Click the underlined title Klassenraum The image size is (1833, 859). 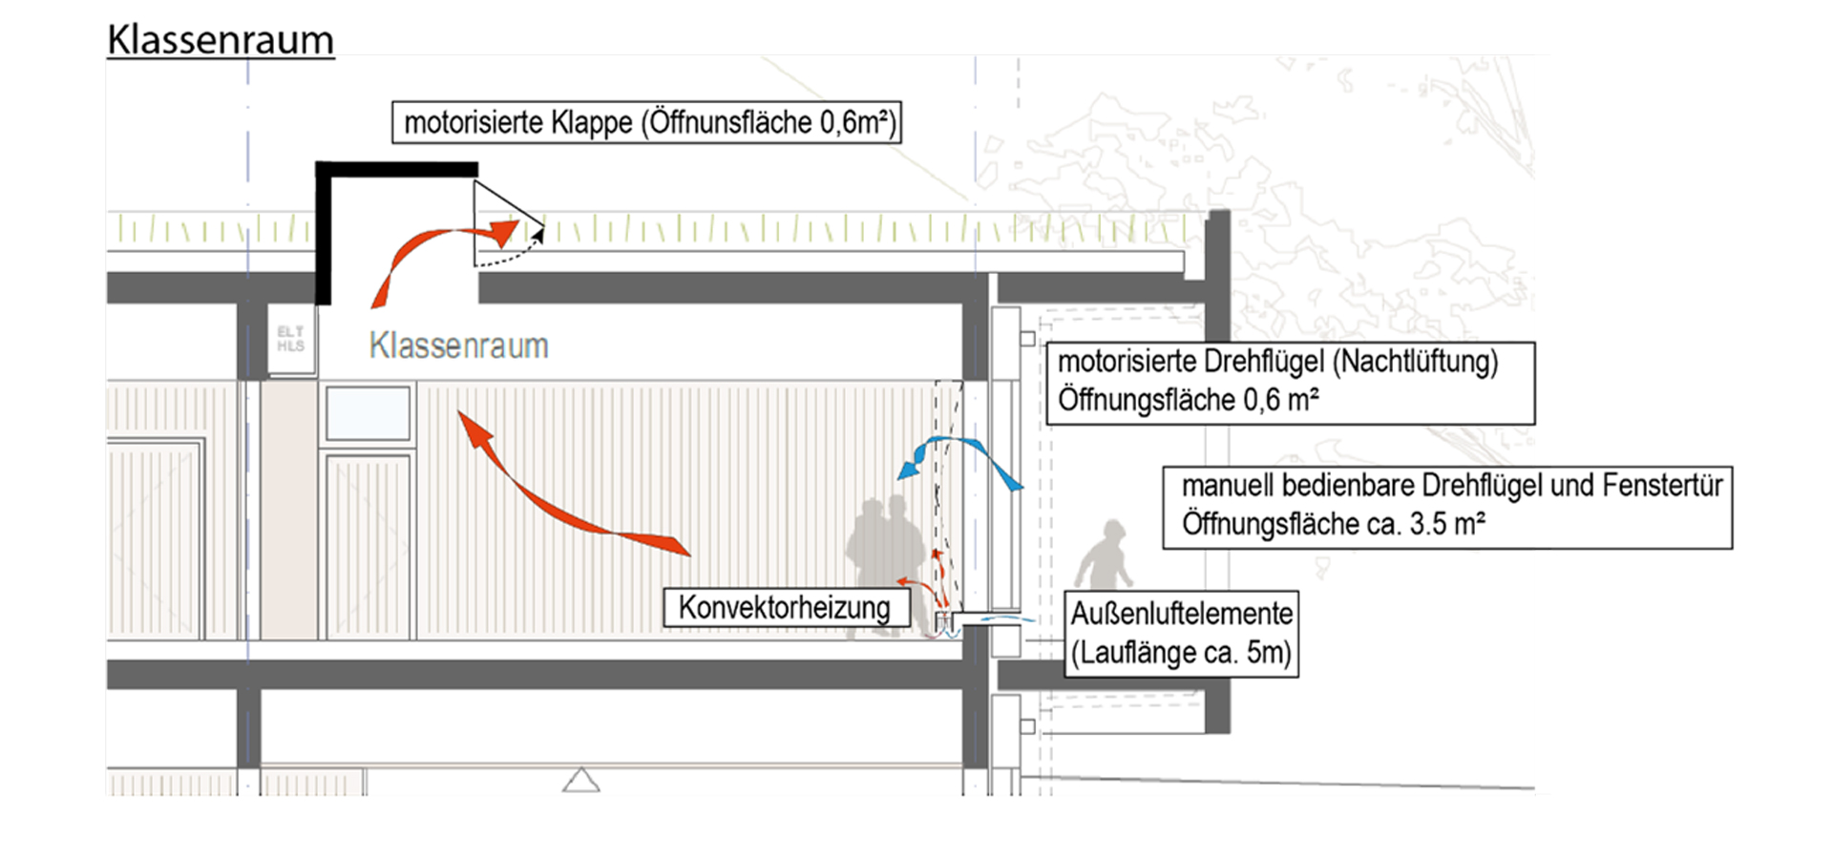tap(221, 40)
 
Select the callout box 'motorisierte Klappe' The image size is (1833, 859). tap(646, 123)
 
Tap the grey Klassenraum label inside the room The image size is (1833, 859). tap(458, 346)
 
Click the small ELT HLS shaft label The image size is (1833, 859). tap(290, 339)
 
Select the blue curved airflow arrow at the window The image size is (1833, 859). tap(959, 458)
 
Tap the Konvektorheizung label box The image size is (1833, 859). tap(784, 608)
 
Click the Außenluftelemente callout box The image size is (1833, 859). tap(1181, 633)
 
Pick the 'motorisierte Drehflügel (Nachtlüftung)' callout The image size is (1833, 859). tap(1290, 382)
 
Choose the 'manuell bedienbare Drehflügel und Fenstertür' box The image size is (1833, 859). tap(1446, 506)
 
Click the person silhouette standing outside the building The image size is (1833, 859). tap(1106, 555)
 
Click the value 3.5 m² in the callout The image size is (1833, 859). tap(1446, 524)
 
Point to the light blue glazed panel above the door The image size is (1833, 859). tap(368, 412)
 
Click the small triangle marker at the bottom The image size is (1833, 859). tap(580, 781)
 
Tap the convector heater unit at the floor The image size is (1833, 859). tap(943, 623)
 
